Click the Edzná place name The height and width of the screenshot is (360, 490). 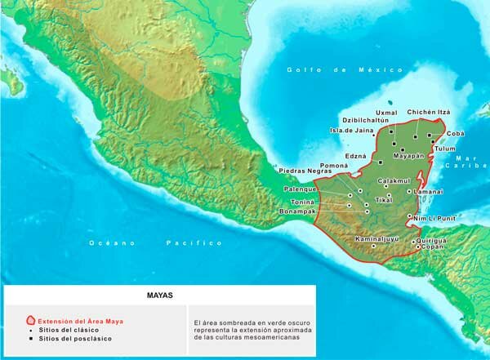[355, 155]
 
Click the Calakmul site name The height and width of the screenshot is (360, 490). [393, 180]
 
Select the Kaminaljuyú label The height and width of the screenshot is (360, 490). [378, 239]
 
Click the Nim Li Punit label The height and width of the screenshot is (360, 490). [433, 219]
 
